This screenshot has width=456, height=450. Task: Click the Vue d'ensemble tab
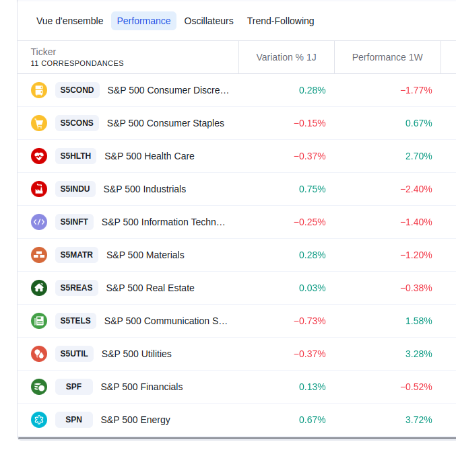tap(70, 21)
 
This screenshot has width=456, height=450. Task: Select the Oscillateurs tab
tap(209, 21)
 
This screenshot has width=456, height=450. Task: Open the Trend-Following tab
tap(280, 21)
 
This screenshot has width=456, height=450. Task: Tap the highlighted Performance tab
tap(143, 21)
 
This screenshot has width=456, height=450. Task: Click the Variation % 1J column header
tap(286, 57)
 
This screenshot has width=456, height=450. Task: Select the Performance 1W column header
tap(387, 57)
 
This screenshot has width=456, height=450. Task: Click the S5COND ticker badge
tap(77, 90)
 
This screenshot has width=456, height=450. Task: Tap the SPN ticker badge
tap(74, 420)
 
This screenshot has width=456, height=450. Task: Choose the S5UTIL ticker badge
tap(74, 354)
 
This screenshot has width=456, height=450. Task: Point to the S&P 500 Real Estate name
tap(150, 288)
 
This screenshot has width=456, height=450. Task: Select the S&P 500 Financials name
tap(141, 387)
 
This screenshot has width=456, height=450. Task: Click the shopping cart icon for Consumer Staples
tap(39, 123)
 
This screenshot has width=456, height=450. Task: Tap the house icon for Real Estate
tap(39, 288)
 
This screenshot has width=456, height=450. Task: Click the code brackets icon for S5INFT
tap(39, 222)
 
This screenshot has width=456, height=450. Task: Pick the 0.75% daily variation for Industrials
tap(312, 189)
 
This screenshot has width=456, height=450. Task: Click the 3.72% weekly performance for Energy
tap(418, 420)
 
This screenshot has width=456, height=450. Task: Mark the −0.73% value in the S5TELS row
tap(309, 321)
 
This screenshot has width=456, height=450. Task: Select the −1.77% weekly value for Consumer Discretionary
tap(416, 90)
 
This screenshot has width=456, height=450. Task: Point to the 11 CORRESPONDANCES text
tap(77, 63)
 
